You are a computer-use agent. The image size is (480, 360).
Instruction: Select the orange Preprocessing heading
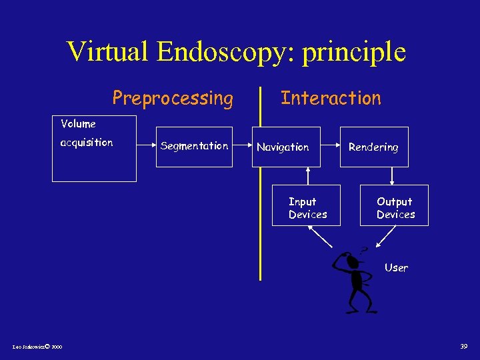[173, 99]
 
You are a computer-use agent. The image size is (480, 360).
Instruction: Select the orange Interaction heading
[331, 98]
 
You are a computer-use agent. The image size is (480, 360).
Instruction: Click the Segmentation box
[194, 146]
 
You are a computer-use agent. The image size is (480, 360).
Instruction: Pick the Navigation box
[286, 147]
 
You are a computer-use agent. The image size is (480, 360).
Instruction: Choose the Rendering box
[373, 147]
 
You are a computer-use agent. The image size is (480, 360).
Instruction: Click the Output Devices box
[395, 207]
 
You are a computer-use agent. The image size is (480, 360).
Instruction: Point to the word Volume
[78, 123]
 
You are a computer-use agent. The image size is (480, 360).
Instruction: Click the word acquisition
[87, 142]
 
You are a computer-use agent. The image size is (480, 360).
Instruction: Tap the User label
[396, 267]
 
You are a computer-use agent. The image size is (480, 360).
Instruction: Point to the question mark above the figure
[363, 250]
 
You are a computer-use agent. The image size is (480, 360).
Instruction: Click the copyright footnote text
[37, 347]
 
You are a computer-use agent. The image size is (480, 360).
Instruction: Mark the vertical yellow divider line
[260, 200]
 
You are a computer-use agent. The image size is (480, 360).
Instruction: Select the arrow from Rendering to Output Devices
[393, 175]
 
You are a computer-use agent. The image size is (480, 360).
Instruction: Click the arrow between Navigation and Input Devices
[307, 175]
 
